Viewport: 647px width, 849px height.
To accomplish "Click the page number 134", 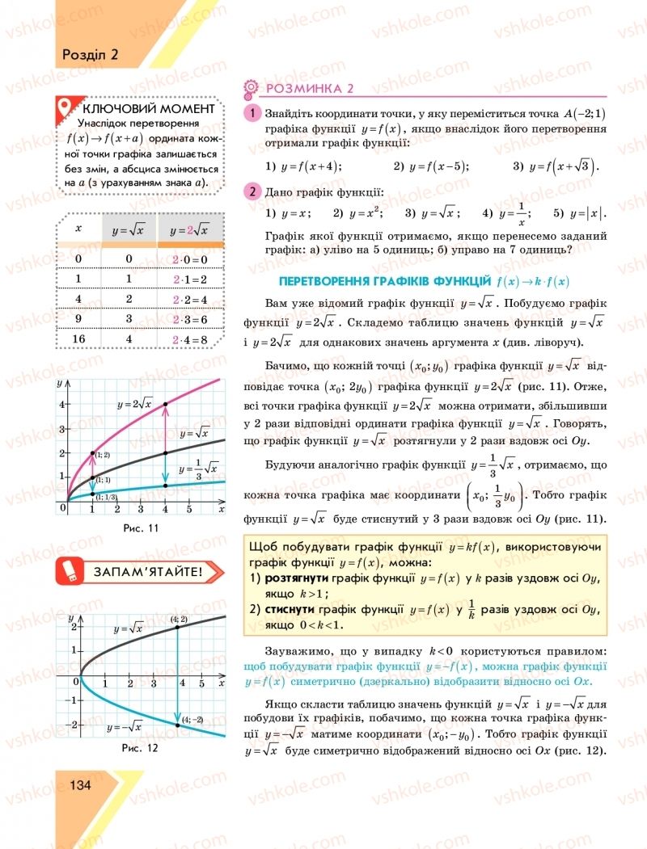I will coord(82,785).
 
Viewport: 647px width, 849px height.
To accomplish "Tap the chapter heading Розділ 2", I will coord(91,55).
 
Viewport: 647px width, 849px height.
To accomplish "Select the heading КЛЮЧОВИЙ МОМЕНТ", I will coord(149,108).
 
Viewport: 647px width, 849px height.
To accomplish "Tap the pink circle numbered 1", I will coord(252,114).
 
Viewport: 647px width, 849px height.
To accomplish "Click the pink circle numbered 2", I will coord(252,191).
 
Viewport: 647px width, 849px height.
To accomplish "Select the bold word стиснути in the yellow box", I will coord(287,610).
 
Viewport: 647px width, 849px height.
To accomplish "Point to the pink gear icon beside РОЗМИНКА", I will coord(252,89).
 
